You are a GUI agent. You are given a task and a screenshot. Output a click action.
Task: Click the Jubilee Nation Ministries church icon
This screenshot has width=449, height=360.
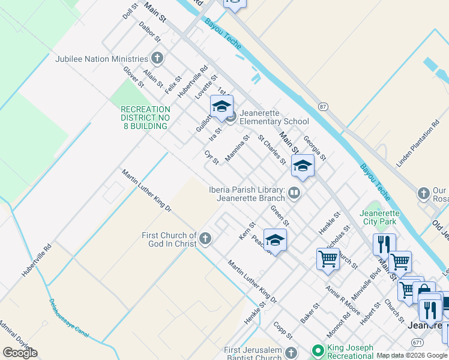[x=157, y=59]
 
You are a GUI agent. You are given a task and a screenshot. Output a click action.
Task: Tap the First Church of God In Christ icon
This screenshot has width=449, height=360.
[x=205, y=239]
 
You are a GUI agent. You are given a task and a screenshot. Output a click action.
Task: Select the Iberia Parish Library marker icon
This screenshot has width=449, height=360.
[x=294, y=193]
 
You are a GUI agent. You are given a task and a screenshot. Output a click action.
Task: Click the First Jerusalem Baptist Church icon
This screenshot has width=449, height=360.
[x=291, y=352]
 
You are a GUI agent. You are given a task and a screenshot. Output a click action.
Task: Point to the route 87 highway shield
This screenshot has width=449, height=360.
[x=323, y=107]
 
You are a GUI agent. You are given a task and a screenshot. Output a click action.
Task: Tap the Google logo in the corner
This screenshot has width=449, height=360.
[x=20, y=353]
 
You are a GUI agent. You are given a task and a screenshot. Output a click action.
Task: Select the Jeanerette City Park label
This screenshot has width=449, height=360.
[x=379, y=217]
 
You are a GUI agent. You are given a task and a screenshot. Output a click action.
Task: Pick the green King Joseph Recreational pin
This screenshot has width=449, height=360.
[x=318, y=350]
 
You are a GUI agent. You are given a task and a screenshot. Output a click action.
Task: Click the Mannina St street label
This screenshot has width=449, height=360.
[x=237, y=149]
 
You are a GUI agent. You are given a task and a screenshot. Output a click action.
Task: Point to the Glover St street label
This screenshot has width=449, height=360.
[x=134, y=77]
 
